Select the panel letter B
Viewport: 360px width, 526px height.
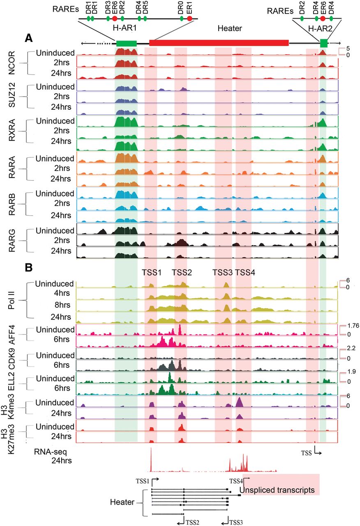coord(28,268)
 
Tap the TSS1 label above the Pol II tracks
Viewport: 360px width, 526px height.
coord(152,272)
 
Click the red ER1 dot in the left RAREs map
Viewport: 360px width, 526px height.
coord(189,18)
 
